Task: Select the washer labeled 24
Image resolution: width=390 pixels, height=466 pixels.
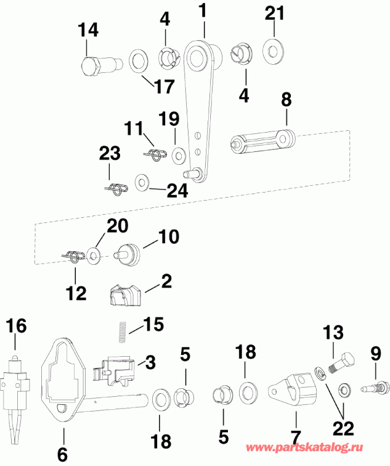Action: pyautogui.click(x=144, y=183)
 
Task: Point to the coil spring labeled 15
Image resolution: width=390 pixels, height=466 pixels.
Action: pyautogui.click(x=123, y=331)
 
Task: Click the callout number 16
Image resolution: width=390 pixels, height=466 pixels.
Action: pyautogui.click(x=17, y=326)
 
